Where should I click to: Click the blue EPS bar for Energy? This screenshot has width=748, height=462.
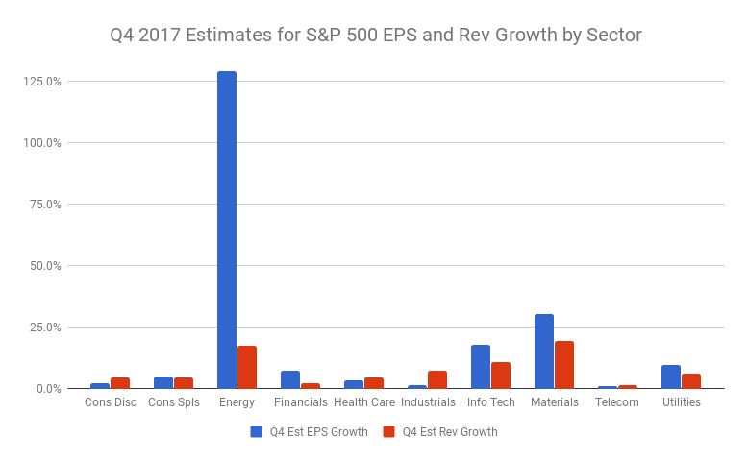click(x=226, y=231)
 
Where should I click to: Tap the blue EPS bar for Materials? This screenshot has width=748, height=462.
click(x=544, y=352)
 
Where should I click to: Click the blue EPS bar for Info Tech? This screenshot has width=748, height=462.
click(x=481, y=367)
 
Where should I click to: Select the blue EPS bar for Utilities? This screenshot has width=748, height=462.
click(x=671, y=377)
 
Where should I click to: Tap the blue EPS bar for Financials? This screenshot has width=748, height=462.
click(x=290, y=380)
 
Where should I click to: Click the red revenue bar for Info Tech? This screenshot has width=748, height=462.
click(x=501, y=376)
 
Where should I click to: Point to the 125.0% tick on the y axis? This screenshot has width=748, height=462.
click(x=42, y=82)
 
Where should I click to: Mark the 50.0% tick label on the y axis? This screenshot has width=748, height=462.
click(x=44, y=266)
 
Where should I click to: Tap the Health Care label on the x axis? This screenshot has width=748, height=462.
click(x=364, y=402)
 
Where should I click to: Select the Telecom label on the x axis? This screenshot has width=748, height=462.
click(x=616, y=402)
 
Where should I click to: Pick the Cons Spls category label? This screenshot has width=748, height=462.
click(x=174, y=402)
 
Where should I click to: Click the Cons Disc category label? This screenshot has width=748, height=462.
click(x=111, y=402)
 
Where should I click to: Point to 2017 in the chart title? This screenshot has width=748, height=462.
click(x=163, y=36)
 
